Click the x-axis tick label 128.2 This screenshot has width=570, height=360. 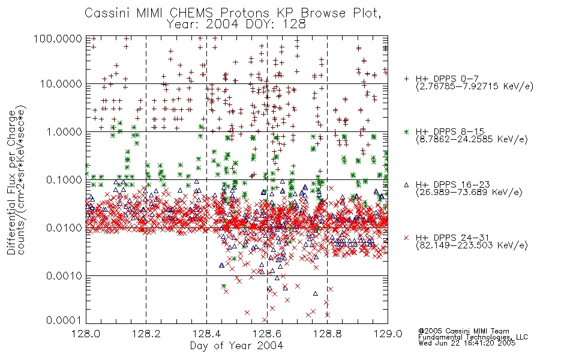[146, 334]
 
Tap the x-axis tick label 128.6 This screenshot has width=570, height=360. [267, 334]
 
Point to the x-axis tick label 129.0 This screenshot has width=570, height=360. [388, 334]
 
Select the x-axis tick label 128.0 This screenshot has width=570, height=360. [86, 334]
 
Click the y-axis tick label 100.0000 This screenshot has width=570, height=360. [58, 38]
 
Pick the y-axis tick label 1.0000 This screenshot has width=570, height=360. [64, 131]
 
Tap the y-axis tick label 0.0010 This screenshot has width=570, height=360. [64, 276]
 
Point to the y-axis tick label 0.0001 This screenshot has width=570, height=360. [64, 320]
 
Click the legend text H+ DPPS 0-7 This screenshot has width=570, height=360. [447, 79]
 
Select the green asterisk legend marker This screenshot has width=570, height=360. [406, 131]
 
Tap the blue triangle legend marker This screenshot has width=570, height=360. [406, 185]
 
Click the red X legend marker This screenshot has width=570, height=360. [406, 238]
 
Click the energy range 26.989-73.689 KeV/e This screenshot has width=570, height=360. [469, 192]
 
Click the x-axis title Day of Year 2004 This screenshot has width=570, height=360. [236, 346]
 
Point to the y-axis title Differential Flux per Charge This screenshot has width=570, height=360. [11, 182]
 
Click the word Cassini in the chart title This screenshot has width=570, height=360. [108, 13]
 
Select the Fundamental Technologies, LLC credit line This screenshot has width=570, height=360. [473, 337]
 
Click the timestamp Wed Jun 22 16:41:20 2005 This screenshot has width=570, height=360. [467, 343]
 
